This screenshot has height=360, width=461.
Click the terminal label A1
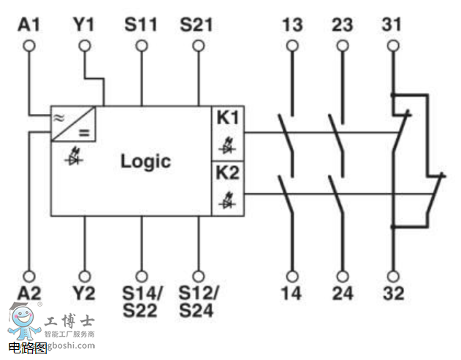(x=29, y=25)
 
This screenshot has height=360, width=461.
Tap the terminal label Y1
(x=85, y=25)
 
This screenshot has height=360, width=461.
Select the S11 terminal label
(x=140, y=25)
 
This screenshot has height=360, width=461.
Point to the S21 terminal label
(x=197, y=25)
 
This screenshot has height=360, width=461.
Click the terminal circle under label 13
(x=292, y=45)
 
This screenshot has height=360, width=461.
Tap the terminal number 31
(x=392, y=25)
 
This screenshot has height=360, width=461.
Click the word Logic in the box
(x=145, y=161)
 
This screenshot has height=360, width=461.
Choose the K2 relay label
(x=226, y=175)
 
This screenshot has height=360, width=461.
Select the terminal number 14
(x=292, y=295)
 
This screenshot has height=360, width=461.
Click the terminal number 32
(x=392, y=295)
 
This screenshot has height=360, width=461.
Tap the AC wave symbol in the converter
(x=58, y=116)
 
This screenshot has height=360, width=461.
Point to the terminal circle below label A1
(x=29, y=45)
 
